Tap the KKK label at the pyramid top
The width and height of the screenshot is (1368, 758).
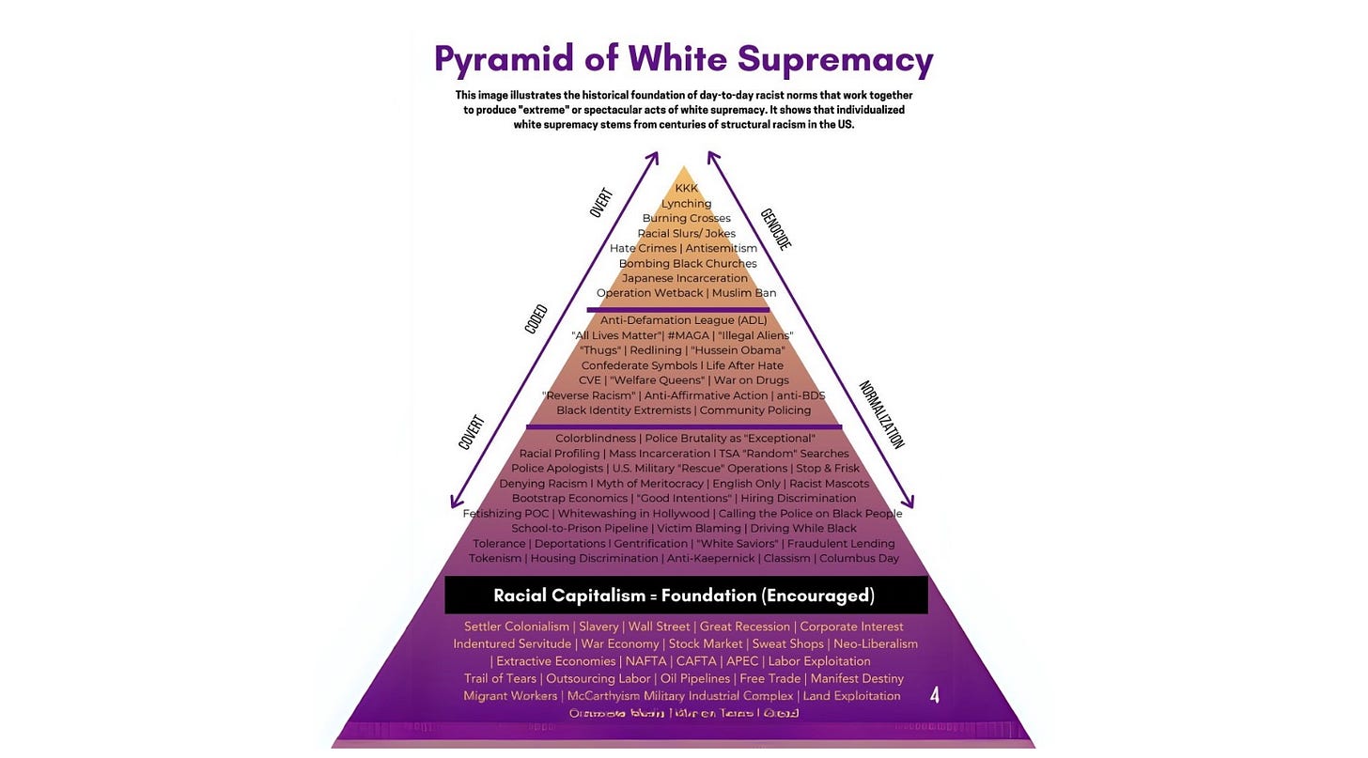coord(687,189)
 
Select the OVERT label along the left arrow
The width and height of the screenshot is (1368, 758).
coord(601,203)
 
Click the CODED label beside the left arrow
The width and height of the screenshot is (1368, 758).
coord(536,318)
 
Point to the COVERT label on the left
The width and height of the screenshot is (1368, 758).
coord(471,432)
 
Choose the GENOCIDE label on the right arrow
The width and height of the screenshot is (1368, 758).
coord(775,229)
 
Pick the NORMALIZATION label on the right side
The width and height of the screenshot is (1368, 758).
coord(881,414)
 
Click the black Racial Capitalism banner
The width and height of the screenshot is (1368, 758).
coord(685,596)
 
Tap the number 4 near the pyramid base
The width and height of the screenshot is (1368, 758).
coord(934,695)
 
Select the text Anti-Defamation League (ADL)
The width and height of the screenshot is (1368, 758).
coord(684,320)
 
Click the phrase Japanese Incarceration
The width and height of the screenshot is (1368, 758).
coord(685,278)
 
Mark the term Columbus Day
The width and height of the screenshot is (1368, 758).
coord(859,558)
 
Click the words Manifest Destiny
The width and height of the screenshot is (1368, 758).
coord(857,678)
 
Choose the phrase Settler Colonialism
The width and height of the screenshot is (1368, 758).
coord(517,627)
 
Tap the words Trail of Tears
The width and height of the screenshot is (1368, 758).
coord(500,678)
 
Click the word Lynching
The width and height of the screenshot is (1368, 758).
coord(687,204)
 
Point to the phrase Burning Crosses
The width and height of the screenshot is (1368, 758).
coord(687,219)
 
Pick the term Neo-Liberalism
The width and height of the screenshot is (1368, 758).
coord(876,643)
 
